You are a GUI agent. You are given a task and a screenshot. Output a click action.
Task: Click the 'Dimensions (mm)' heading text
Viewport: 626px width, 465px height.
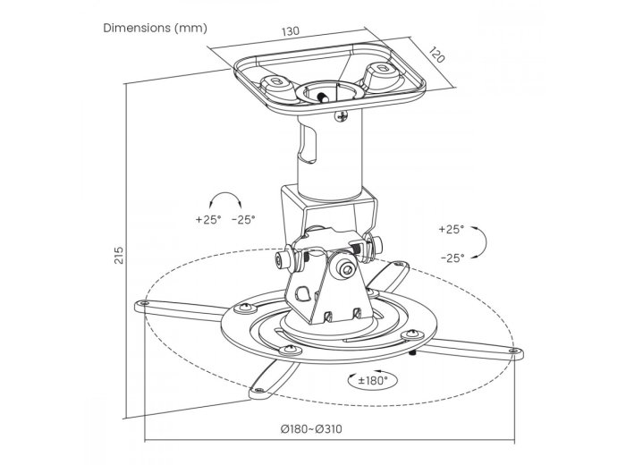[x=156, y=28]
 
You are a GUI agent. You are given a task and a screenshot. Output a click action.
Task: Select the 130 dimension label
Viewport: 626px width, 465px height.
[x=291, y=31]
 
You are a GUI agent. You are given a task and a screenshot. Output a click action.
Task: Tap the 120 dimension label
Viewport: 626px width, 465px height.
[x=436, y=55]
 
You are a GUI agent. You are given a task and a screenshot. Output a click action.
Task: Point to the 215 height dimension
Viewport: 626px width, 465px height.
[x=119, y=255]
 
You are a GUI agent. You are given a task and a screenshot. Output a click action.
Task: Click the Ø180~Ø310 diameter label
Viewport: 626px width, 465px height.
[x=311, y=429]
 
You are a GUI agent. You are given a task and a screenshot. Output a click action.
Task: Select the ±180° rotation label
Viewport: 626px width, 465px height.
[x=373, y=380]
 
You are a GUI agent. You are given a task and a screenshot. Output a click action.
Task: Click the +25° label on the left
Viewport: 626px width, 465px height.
[x=208, y=219]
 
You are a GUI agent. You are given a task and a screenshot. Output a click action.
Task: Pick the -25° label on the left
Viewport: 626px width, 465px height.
[x=243, y=219]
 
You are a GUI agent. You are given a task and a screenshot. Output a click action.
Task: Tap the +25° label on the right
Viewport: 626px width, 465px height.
[x=452, y=229]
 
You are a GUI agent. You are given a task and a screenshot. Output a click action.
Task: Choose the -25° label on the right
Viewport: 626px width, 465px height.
[x=453, y=258]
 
